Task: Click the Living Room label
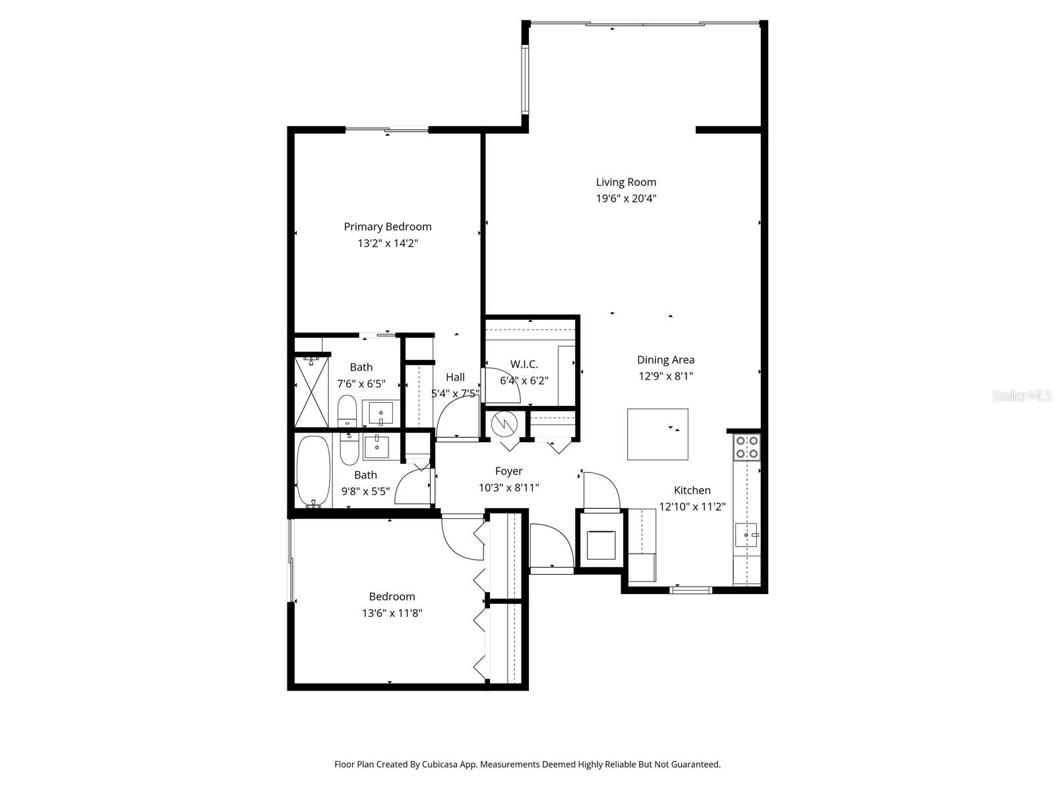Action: pos(626,182)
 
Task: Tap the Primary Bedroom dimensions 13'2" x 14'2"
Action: pos(388,243)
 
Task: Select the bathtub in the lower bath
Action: pos(313,471)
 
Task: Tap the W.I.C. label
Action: pos(524,364)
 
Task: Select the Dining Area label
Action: pos(665,360)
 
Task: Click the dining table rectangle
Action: pos(657,434)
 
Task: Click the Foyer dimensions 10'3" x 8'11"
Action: pos(508,488)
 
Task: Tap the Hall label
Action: pos(455,377)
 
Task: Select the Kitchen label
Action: pos(692,490)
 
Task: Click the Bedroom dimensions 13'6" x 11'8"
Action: pos(392,613)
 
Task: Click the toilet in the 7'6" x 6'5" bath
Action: pos(347,411)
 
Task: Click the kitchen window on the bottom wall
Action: pos(690,589)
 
